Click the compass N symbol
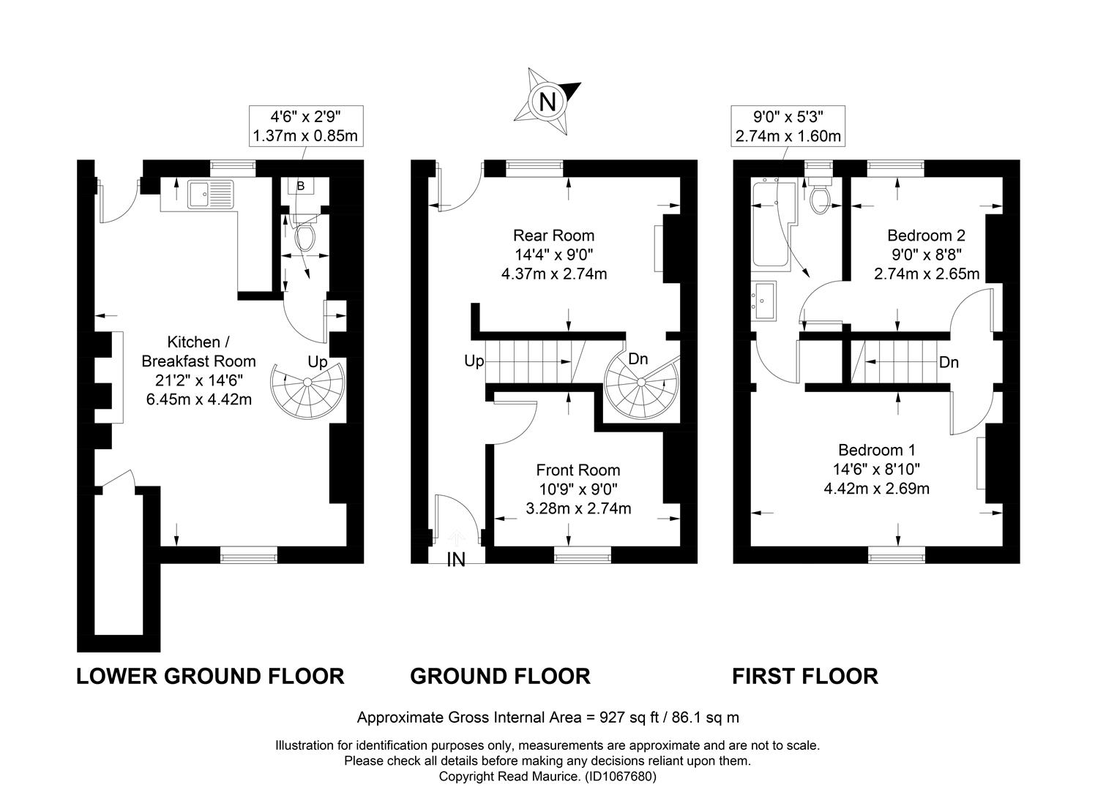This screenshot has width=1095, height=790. (x=547, y=102)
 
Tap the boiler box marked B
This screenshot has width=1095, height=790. (x=301, y=186)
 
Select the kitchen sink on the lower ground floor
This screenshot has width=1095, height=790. (x=211, y=194)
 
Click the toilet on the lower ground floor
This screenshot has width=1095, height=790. (x=305, y=234)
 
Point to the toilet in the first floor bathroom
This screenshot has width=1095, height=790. (x=819, y=195)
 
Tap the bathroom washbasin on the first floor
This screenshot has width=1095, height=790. (x=763, y=301)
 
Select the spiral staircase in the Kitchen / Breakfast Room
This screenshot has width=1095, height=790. (x=307, y=389)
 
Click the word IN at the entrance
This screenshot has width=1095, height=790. (x=456, y=560)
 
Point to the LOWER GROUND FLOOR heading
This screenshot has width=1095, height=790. (x=211, y=676)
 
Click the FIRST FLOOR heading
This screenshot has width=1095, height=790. (x=805, y=676)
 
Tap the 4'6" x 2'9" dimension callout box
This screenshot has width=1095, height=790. (x=306, y=126)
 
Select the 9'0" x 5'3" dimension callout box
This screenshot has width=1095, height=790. (x=788, y=126)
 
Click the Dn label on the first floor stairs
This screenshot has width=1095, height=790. (x=949, y=363)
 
